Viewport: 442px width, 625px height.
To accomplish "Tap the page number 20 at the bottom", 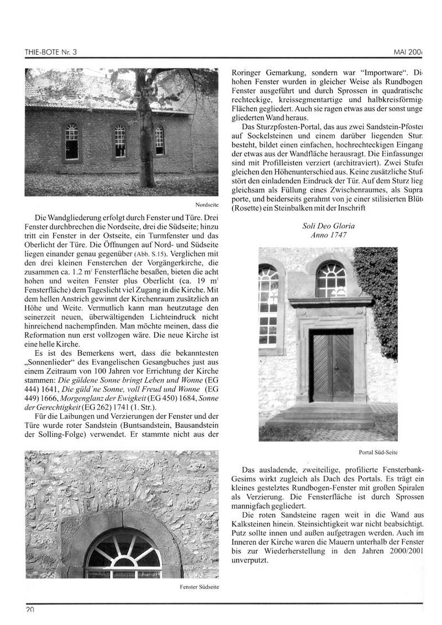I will click(29, 610).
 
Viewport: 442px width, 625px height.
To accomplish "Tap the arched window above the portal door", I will click(331, 280).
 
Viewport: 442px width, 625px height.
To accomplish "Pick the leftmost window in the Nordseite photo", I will click(72, 141).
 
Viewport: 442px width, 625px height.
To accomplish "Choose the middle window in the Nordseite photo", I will click(120, 141).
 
